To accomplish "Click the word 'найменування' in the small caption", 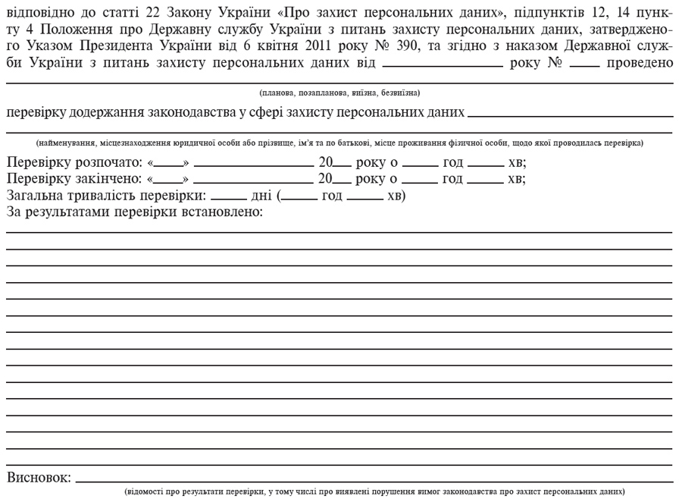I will (66, 142).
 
